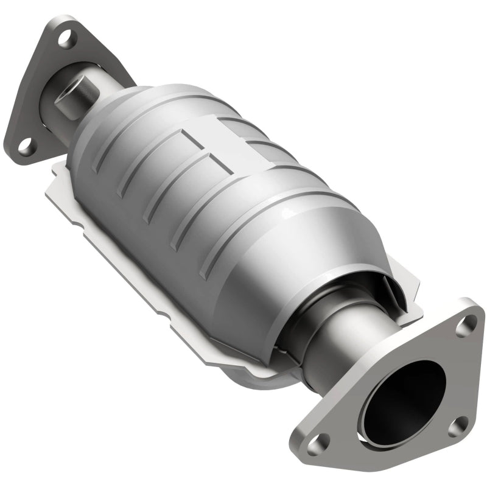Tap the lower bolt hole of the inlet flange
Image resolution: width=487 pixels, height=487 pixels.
click(24, 145)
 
